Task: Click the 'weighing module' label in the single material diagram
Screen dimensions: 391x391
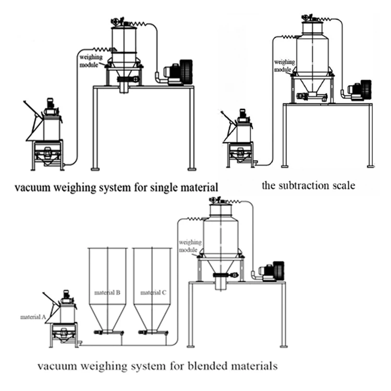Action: (x=89, y=55)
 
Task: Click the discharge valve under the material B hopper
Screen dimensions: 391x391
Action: (x=107, y=332)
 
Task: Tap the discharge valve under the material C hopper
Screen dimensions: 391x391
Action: (x=152, y=332)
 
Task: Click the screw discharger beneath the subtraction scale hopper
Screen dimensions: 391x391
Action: (x=311, y=96)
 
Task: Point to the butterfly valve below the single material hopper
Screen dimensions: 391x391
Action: (x=127, y=79)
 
